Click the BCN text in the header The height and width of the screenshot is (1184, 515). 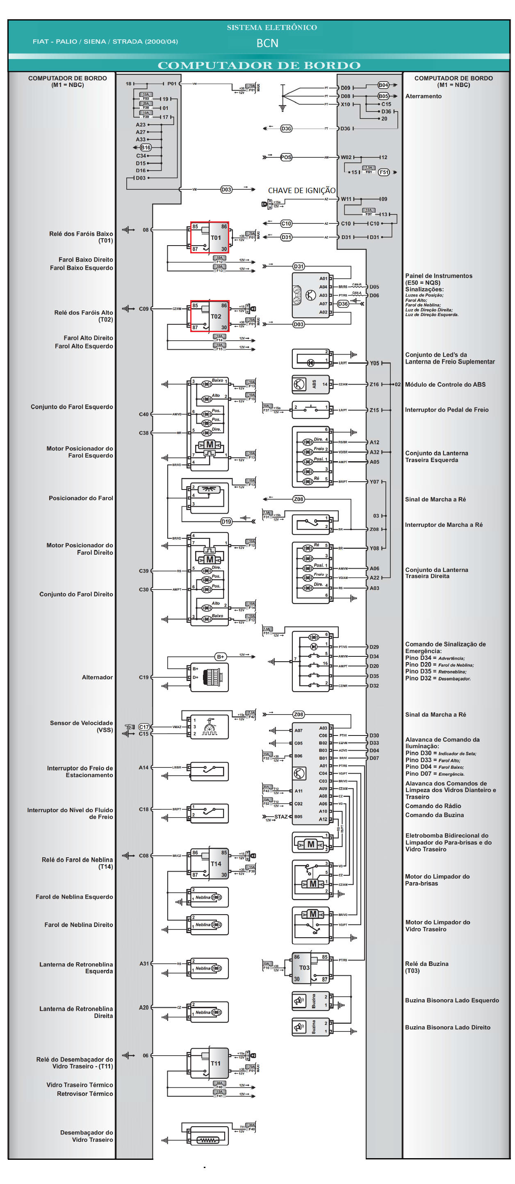coord(267,43)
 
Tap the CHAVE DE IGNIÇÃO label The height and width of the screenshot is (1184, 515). coord(302,190)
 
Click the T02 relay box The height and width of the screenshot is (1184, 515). coord(210,316)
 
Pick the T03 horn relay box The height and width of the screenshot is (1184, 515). coord(311,968)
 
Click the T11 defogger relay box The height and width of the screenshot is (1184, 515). coord(210,1063)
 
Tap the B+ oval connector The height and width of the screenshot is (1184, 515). coord(221,657)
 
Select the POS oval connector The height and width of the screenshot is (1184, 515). coord(286,157)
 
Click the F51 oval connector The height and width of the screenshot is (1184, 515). coord(383,172)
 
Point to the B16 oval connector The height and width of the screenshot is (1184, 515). coord(145,148)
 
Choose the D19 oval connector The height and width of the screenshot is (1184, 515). coord(226,521)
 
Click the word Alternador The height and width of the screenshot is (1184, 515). coord(97,677)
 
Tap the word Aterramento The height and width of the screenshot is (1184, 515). coord(423,96)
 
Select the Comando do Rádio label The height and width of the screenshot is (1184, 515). coord(433,806)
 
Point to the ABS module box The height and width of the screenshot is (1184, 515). coord(311,384)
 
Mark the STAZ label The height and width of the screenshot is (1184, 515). coord(281,817)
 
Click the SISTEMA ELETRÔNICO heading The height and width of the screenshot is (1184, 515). coord(272,27)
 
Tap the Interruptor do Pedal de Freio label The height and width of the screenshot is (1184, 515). coord(447,410)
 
